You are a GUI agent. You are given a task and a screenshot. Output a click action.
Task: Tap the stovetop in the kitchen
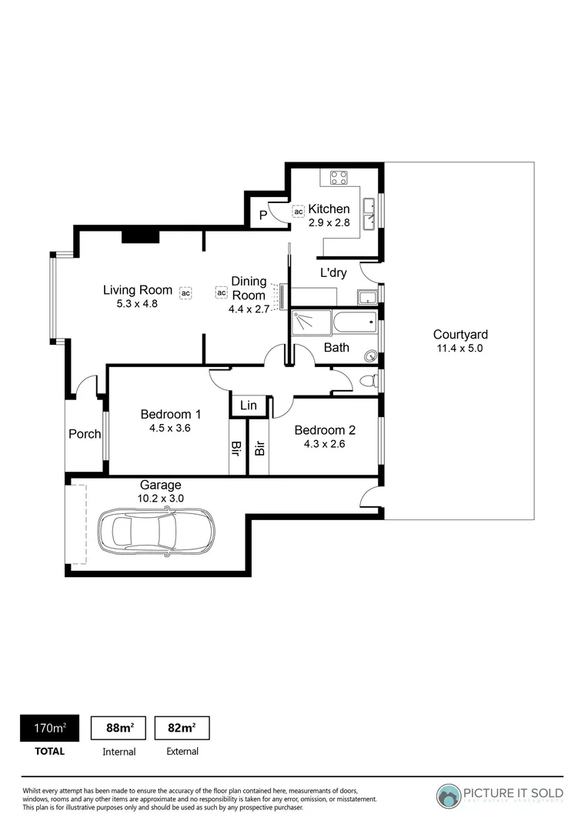tap(339, 179)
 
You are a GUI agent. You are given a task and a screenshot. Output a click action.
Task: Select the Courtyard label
tap(460, 335)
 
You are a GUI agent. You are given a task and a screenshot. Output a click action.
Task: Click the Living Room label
tap(138, 290)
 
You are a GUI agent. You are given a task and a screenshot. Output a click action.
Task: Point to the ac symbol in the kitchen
tap(298, 211)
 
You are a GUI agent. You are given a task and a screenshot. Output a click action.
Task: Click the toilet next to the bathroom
tap(369, 381)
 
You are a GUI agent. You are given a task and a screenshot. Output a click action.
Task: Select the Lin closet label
tap(249, 405)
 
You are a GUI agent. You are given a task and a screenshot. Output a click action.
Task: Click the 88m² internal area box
tap(119, 728)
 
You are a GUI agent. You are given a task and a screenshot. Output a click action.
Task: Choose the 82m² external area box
tap(182, 728)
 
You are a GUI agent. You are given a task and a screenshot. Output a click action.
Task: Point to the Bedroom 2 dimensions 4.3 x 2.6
tap(325, 444)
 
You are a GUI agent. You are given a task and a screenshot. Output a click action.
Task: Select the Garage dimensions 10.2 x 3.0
tap(160, 499)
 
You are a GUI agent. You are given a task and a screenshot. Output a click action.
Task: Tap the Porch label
tap(85, 434)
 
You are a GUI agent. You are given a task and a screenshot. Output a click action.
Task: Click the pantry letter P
tap(262, 215)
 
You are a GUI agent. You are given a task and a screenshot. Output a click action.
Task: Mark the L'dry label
tap(333, 272)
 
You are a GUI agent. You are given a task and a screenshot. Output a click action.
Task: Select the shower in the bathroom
tap(309, 322)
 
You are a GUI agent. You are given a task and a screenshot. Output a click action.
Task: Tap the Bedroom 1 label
tap(171, 415)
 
